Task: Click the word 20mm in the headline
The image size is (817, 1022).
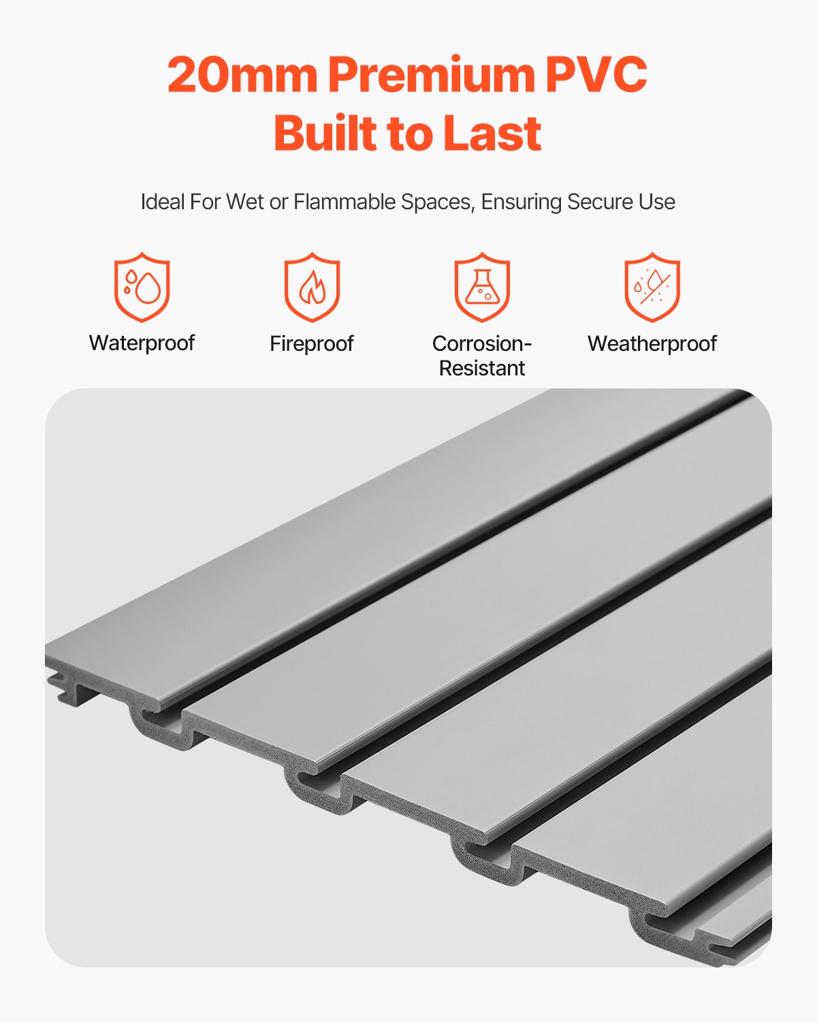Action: [242, 75]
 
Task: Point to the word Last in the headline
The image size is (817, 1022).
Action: [492, 134]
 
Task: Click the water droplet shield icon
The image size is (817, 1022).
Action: [142, 287]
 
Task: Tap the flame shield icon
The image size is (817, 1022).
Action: [312, 287]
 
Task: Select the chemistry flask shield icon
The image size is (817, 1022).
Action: [482, 287]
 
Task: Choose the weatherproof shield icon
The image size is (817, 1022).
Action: [652, 287]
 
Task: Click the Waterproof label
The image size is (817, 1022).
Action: [142, 343]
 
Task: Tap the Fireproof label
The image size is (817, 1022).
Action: [312, 343]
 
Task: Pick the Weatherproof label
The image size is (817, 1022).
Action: [652, 343]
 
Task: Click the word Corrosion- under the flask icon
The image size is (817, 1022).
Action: [482, 343]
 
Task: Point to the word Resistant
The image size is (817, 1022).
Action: [482, 368]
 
